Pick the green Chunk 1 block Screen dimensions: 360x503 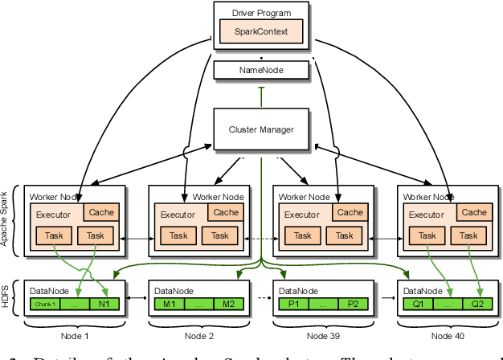click(x=43, y=304)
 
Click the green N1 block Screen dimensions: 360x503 click(x=104, y=304)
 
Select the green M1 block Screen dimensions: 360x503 click(x=170, y=304)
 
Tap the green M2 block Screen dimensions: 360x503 click(x=228, y=304)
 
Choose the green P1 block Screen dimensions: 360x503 click(x=293, y=304)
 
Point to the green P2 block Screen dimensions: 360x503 click(x=353, y=304)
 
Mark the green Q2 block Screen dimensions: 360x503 click(x=477, y=304)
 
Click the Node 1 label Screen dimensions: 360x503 click(x=75, y=335)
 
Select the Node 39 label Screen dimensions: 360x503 click(x=324, y=335)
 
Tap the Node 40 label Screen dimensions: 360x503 click(x=448, y=335)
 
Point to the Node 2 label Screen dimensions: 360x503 click(x=199, y=335)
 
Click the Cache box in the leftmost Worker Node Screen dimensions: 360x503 click(x=100, y=212)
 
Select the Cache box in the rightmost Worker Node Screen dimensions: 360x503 click(x=474, y=212)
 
